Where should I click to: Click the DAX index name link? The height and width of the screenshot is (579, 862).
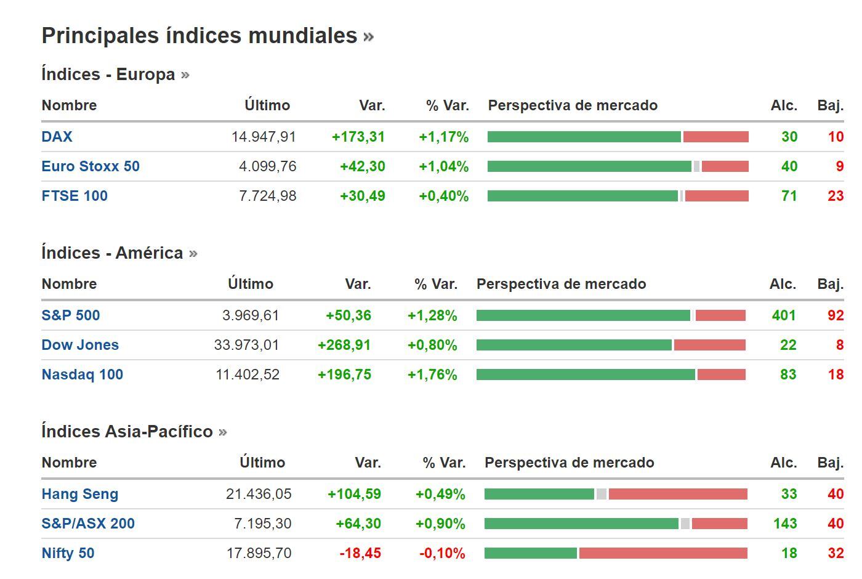(x=57, y=137)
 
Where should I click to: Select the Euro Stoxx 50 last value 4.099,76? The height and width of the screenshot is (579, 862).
(x=267, y=166)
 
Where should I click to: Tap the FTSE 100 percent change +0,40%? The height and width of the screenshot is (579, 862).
(x=443, y=196)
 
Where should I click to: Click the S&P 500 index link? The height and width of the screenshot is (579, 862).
(x=70, y=315)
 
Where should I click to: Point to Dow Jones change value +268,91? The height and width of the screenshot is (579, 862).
(x=344, y=345)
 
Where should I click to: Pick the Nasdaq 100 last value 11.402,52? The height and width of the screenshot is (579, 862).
(x=247, y=375)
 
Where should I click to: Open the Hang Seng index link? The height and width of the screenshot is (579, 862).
(x=79, y=494)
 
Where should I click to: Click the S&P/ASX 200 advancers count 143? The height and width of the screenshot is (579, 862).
(x=784, y=524)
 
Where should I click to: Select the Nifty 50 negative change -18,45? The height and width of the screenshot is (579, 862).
(x=360, y=553)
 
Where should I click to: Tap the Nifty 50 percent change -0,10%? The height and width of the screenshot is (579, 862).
(x=441, y=553)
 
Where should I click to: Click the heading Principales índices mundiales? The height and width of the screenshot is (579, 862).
(x=199, y=36)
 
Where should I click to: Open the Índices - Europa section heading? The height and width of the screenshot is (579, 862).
(x=108, y=75)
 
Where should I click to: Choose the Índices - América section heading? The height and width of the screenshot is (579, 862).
(x=112, y=253)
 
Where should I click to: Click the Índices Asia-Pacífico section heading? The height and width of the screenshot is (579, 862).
(x=127, y=432)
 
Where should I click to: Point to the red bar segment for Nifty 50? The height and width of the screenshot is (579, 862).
(x=663, y=553)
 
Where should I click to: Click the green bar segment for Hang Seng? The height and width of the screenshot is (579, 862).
(x=539, y=494)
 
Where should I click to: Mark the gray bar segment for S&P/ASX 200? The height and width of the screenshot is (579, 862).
(x=685, y=524)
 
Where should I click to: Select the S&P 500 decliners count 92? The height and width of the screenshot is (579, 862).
(x=835, y=315)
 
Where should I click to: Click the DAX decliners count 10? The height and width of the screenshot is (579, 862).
(x=835, y=137)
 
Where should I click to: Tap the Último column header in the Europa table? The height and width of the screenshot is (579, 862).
(x=267, y=105)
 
